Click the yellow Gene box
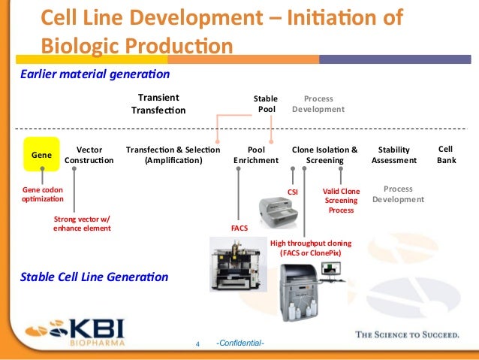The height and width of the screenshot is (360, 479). pos(41,155)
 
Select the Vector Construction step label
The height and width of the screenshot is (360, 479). pos(89,155)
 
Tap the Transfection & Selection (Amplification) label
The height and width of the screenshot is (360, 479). pos(173,155)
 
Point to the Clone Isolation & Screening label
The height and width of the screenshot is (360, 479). pos(324,155)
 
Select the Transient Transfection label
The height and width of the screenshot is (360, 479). pos(158,104)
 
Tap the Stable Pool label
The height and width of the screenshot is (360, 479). pos(267,104)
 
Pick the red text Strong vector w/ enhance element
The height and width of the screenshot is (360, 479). pos(82,223)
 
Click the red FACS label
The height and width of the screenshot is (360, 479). pos(239,225)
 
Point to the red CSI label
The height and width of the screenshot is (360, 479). pos(294,192)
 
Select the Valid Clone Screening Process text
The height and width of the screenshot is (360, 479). pos(341,201)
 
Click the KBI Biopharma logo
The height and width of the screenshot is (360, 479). pos(76,331)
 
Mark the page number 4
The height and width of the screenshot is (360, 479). pos(197,344)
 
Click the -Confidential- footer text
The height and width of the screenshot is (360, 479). pos(239,343)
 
